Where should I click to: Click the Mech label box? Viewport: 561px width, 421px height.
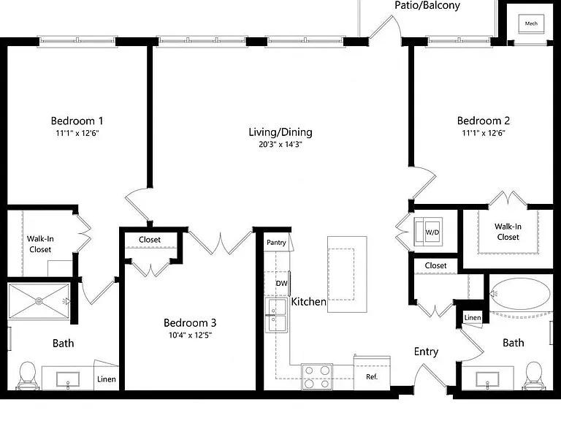(531, 23)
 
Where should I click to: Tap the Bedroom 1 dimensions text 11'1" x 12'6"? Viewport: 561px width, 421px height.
(77, 133)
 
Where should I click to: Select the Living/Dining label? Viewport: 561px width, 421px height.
(280, 132)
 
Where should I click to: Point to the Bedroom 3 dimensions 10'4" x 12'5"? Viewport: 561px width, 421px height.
(191, 335)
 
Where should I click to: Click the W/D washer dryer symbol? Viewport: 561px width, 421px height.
(428, 232)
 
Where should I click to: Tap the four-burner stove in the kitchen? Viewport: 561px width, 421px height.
(316, 377)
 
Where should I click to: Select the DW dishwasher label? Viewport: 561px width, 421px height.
(281, 283)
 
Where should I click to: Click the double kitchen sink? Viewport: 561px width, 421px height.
(276, 315)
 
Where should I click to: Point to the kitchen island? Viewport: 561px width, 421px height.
(347, 274)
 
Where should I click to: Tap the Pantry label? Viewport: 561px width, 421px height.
(276, 243)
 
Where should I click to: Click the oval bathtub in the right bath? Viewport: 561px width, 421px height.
(520, 295)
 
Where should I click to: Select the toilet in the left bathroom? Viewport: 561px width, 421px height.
(27, 376)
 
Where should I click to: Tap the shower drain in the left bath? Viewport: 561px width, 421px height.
(39, 301)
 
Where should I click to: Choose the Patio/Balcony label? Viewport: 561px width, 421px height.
(427, 6)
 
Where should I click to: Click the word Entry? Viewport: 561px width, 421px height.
(426, 352)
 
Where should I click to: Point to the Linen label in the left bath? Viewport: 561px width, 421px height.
(107, 379)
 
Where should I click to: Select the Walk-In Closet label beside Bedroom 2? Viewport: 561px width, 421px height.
(508, 232)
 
